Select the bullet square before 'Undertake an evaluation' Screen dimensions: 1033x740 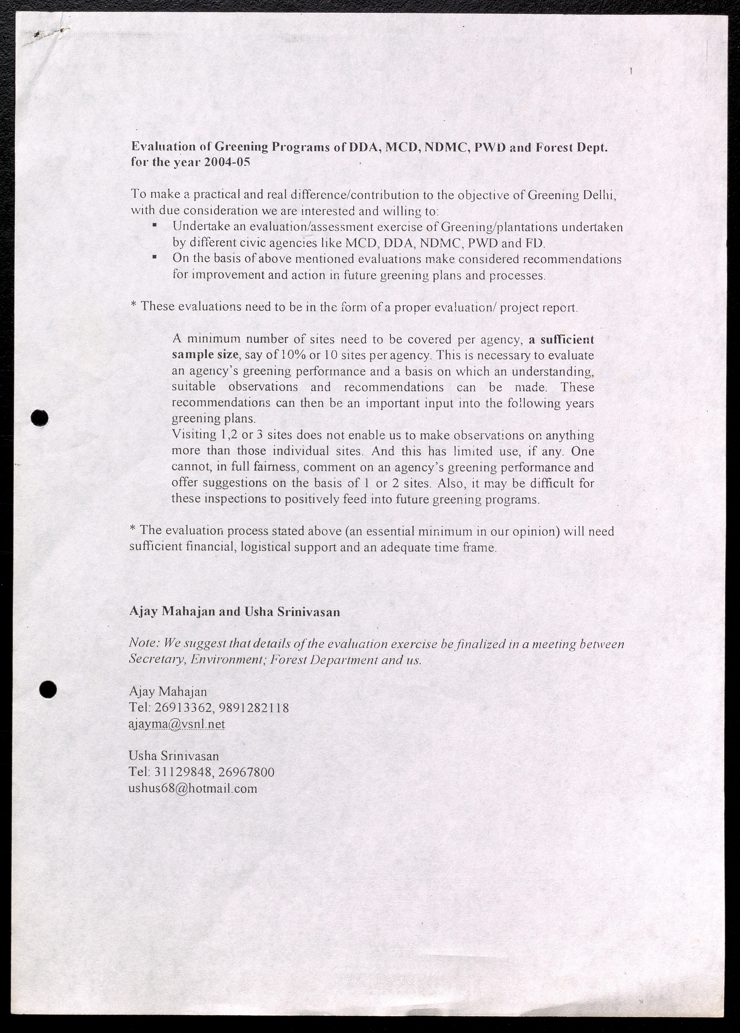tap(155, 225)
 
